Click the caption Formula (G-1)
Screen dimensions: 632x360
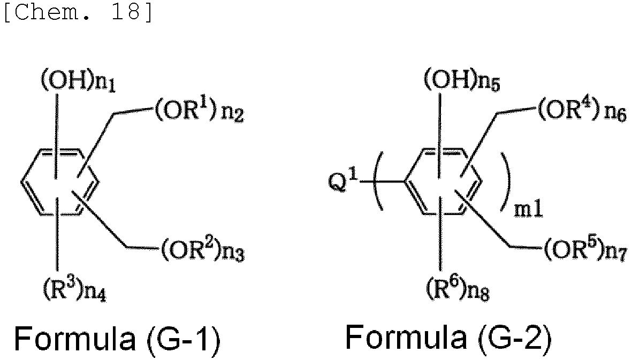click(x=117, y=339)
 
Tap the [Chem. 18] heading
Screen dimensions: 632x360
click(x=78, y=12)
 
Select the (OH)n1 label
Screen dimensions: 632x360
click(x=78, y=82)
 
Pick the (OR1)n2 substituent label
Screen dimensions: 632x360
click(x=199, y=110)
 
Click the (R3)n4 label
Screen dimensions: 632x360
click(x=74, y=289)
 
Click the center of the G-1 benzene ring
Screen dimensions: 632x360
click(x=59, y=182)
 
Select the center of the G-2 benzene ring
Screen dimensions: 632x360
click(x=442, y=182)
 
